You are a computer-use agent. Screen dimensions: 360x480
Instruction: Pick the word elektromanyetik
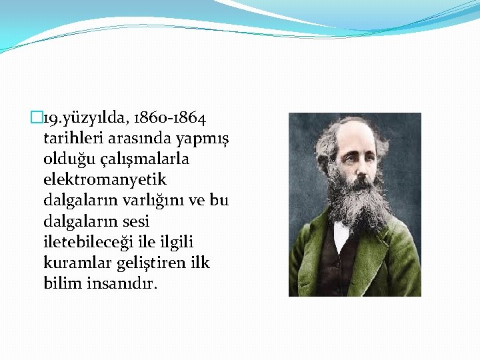(105, 180)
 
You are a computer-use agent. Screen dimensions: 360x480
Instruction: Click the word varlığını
(158, 201)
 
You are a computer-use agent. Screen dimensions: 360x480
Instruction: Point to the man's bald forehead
(353, 137)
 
